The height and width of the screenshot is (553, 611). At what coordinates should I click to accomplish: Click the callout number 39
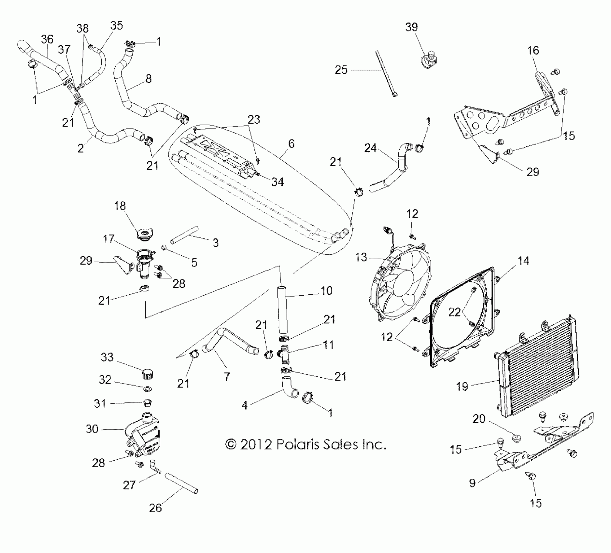[x=411, y=27]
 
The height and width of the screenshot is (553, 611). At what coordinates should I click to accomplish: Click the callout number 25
[x=341, y=70]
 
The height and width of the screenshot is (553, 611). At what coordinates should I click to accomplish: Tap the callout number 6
[x=291, y=143]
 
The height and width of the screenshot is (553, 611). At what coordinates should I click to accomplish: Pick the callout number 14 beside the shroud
[x=523, y=261]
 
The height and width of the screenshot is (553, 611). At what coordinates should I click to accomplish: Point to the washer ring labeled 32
[x=147, y=388]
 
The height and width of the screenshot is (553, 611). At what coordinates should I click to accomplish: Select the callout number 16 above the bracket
[x=533, y=50]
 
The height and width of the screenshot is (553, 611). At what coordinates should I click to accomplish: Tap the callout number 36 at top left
[x=47, y=39]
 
